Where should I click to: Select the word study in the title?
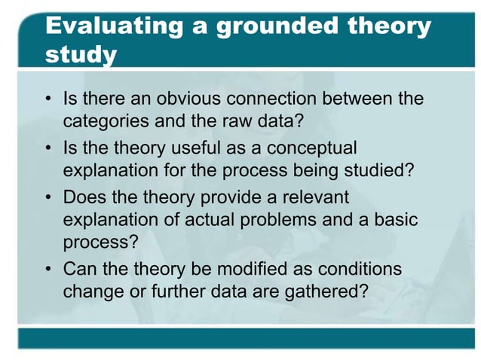click(81, 56)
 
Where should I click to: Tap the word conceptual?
click(307, 148)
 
